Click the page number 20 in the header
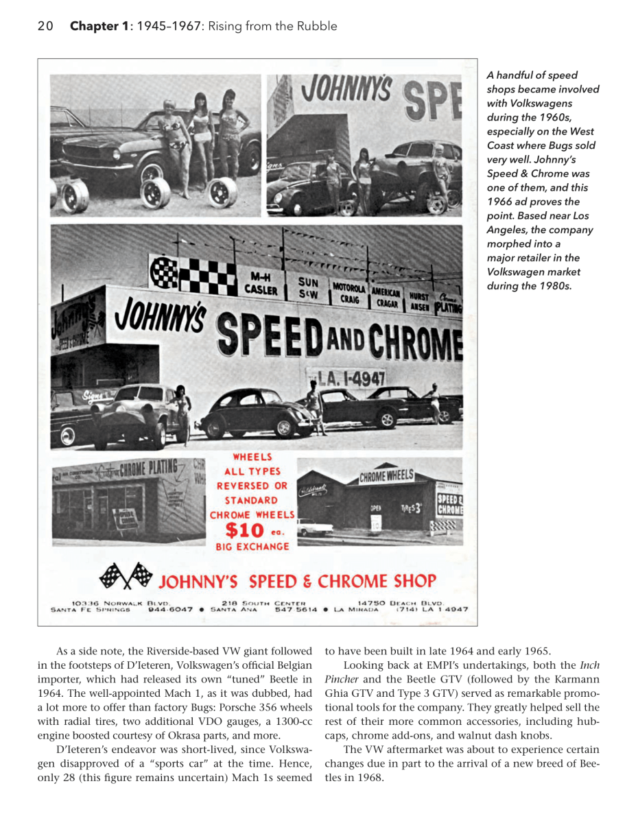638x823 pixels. point(45,27)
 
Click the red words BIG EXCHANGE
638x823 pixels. point(252,547)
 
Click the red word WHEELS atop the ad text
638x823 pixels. point(252,456)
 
